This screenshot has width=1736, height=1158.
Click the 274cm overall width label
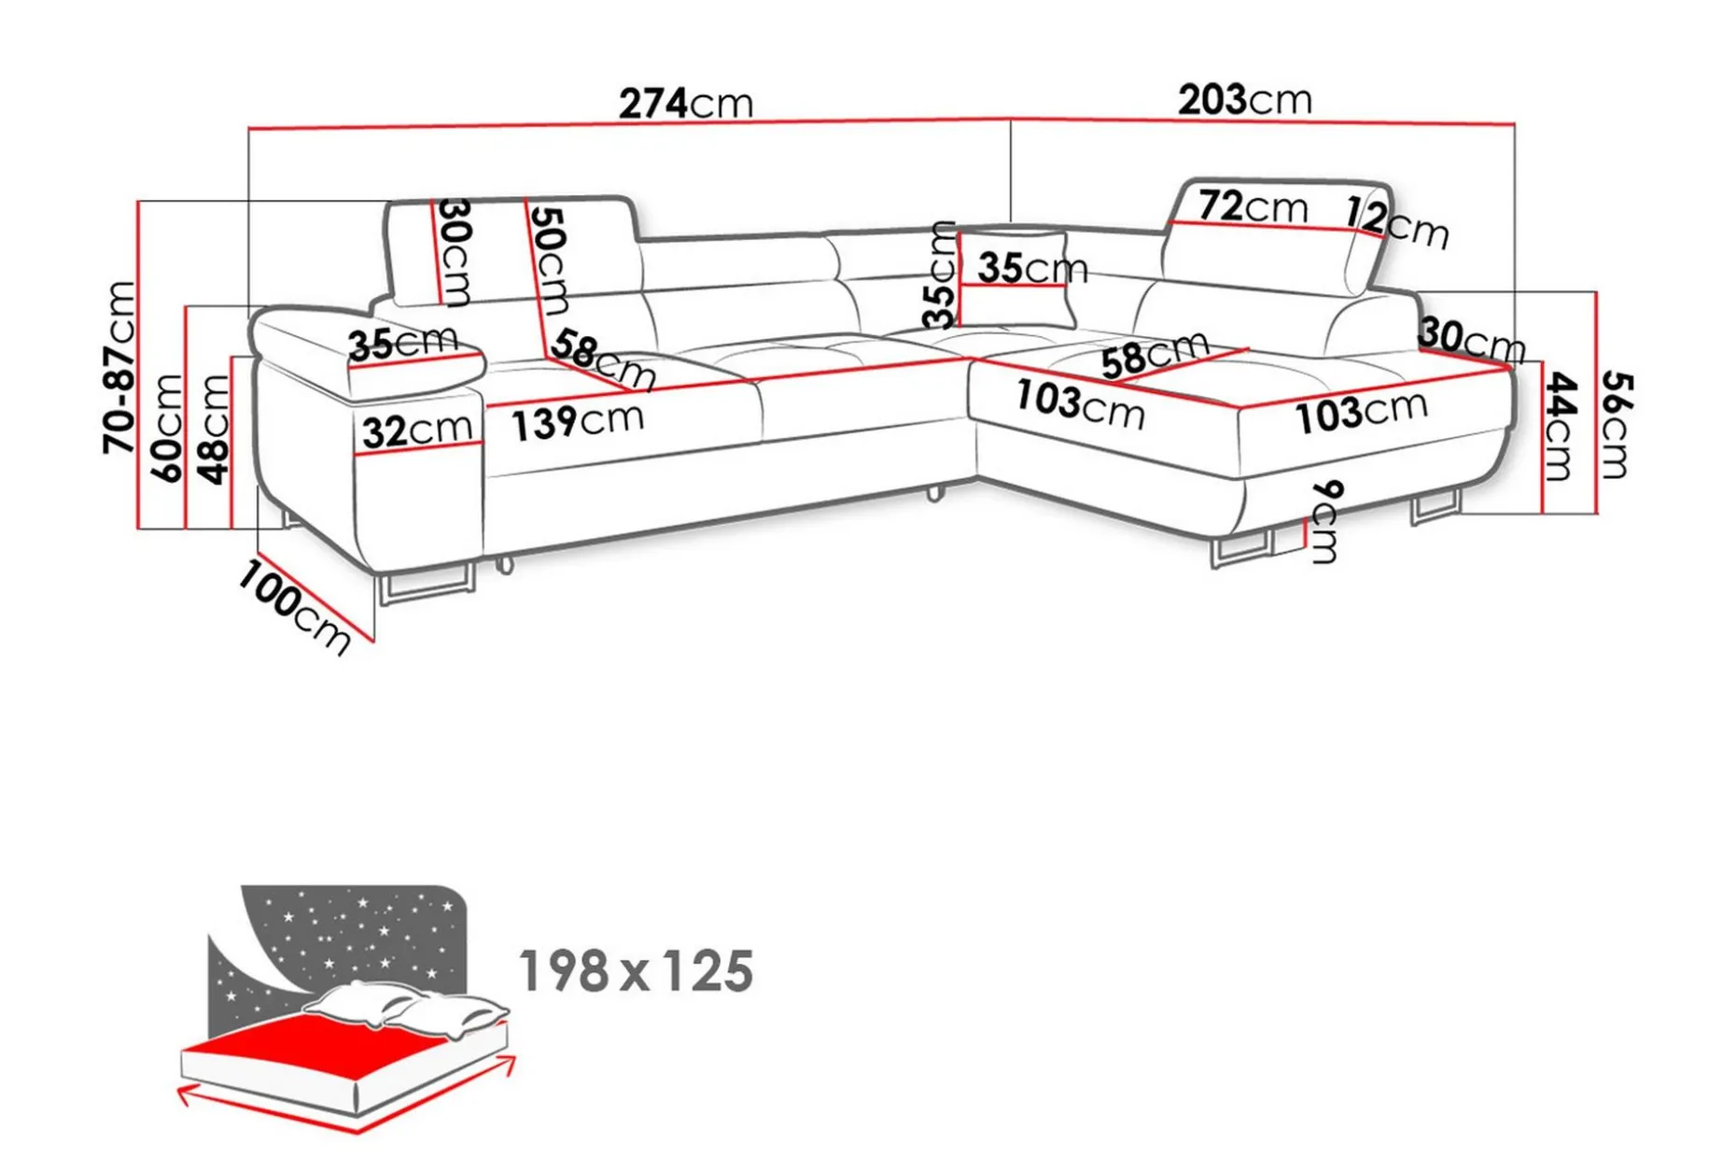pyautogui.click(x=686, y=103)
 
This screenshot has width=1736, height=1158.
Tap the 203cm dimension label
pyautogui.click(x=1245, y=99)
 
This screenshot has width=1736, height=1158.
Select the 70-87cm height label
pyautogui.click(x=120, y=367)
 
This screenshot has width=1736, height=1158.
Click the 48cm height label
pyautogui.click(x=214, y=430)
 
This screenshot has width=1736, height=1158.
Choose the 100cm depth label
pyautogui.click(x=293, y=607)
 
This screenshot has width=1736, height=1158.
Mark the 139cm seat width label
pyautogui.click(x=578, y=421)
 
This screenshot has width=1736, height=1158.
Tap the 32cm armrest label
pyautogui.click(x=417, y=431)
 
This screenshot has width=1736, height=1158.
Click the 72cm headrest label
pyautogui.click(x=1253, y=206)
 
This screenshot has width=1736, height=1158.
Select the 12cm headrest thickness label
pyautogui.click(x=1397, y=224)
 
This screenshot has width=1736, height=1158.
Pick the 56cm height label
pyautogui.click(x=1616, y=424)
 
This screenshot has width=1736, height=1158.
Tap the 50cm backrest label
pyautogui.click(x=550, y=261)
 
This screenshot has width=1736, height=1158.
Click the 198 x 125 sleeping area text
pyautogui.click(x=636, y=971)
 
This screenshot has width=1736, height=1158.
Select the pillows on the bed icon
pyautogui.click(x=407, y=1008)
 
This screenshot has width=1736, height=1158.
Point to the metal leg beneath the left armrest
pyautogui.click(x=426, y=584)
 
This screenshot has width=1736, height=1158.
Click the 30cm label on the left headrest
pyautogui.click(x=455, y=252)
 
